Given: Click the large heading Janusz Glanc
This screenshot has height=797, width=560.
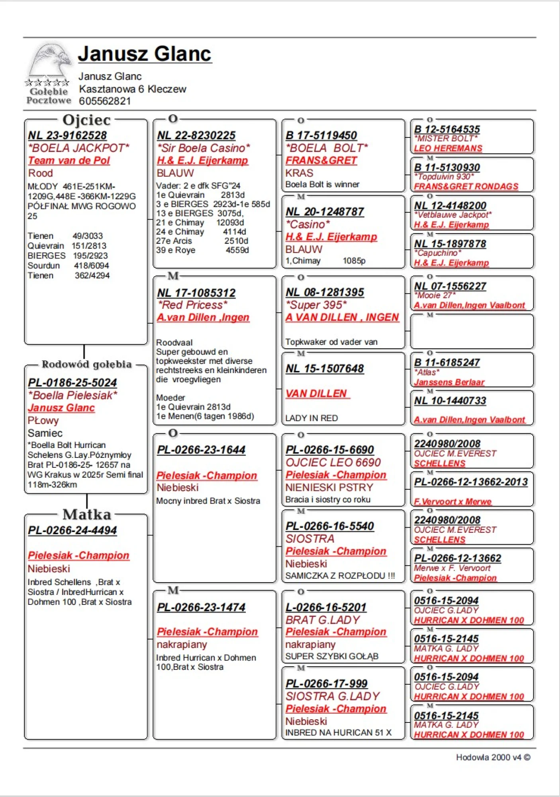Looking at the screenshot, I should [145, 54].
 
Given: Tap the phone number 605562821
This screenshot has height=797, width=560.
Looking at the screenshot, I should [105, 101].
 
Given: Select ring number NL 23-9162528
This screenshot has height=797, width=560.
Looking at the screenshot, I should [67, 135].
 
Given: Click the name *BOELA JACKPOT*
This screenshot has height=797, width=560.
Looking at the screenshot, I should [78, 148].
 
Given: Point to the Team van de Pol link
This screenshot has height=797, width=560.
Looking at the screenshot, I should [69, 161].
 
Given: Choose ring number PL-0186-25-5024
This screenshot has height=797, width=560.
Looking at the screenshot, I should [72, 383].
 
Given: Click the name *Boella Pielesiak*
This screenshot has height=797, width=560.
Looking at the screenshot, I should [72, 395].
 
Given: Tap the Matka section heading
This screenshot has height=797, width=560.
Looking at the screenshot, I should [87, 514].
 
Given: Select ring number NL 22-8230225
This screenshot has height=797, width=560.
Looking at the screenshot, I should [196, 135].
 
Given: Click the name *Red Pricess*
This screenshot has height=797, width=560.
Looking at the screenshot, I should [192, 305].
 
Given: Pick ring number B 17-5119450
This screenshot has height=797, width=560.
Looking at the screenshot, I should [321, 135].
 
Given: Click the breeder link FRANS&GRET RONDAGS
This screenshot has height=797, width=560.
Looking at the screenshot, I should [466, 186].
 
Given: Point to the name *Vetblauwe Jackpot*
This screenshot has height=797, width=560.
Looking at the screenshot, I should [453, 215].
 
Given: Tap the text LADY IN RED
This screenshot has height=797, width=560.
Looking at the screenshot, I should [311, 418].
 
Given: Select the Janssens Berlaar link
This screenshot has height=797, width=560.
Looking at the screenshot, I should [449, 382].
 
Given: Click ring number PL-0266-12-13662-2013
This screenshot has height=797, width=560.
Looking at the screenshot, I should [471, 482].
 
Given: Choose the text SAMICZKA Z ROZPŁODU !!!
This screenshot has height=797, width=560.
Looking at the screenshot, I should [340, 576].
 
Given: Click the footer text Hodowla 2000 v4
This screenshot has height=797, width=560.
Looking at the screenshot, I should [493, 757].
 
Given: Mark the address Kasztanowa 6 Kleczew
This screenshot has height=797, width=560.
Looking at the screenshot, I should [133, 89].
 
